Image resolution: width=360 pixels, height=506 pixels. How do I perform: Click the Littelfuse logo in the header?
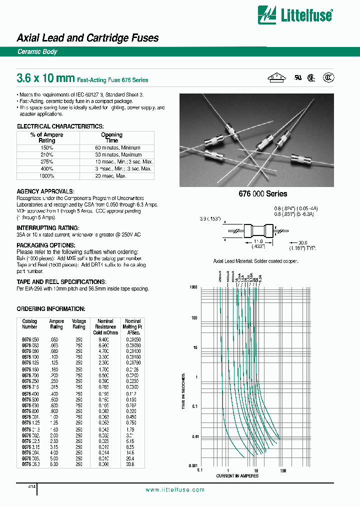[x=294, y=15]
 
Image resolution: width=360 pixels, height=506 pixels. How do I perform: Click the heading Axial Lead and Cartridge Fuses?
[x=87, y=38]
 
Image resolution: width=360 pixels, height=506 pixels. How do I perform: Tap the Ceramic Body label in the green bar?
[x=37, y=52]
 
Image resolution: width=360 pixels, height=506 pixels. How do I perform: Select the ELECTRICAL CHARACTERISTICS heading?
[x=60, y=126]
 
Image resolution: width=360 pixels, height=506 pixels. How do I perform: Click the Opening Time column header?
[x=111, y=137]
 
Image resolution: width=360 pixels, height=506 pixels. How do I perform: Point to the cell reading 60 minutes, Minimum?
[x=117, y=148]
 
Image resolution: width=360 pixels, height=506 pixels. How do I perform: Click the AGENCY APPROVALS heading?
[x=45, y=191]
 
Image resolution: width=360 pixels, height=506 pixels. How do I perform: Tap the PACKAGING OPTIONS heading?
[x=46, y=245]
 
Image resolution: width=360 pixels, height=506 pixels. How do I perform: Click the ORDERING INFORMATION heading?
[x=51, y=309]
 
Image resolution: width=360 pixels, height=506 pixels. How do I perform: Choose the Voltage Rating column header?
[x=79, y=324]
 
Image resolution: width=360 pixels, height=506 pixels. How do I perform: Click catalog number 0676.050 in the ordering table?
[x=29, y=338]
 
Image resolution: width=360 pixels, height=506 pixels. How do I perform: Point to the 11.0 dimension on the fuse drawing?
[x=256, y=241]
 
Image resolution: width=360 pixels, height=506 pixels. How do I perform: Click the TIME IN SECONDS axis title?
[x=183, y=391]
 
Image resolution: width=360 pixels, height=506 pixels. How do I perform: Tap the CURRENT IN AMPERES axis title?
[x=237, y=476]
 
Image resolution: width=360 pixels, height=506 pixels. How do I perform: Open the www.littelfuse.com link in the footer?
[x=175, y=490]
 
